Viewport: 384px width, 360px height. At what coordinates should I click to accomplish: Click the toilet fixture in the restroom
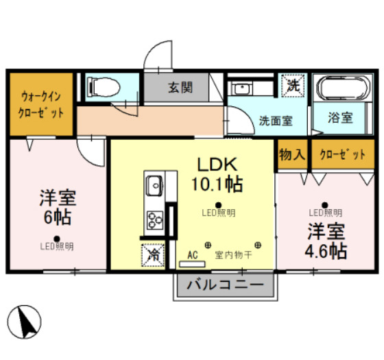point(105,87)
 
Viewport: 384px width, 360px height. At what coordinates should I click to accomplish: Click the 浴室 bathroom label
point(340,118)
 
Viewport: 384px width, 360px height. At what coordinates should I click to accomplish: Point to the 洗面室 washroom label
point(276,120)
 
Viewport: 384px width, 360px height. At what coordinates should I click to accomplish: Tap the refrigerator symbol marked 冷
point(152,254)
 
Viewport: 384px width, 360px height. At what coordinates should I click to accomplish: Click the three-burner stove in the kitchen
point(154,220)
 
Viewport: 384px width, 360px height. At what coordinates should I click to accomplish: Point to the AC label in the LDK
point(193,254)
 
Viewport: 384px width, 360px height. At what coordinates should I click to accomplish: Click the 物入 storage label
point(291,154)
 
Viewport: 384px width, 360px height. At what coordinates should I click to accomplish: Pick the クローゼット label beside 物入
point(342,154)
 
